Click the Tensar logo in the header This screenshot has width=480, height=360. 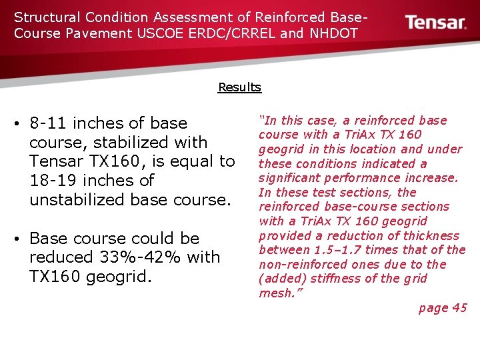click(x=436, y=23)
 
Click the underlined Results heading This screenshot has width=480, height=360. click(x=239, y=87)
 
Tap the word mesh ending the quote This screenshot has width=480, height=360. click(x=276, y=293)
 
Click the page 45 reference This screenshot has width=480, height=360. click(x=443, y=308)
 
